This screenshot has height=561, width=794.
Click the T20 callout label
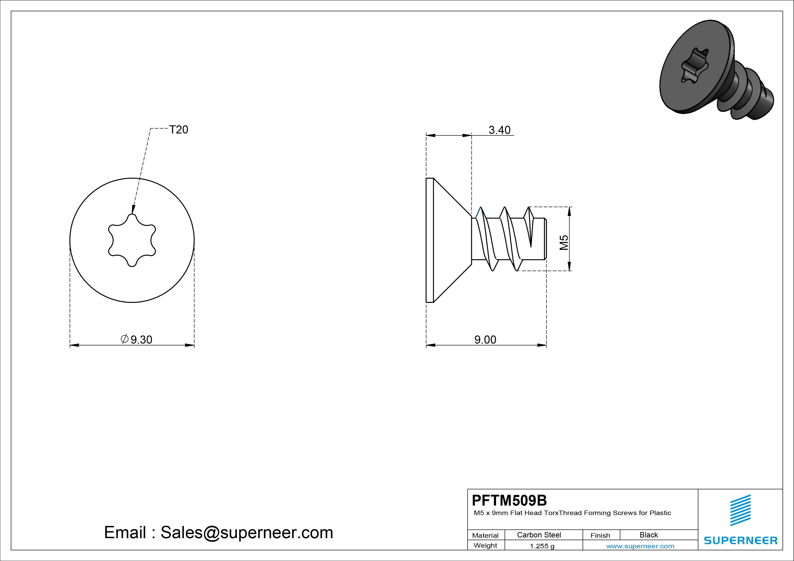178,130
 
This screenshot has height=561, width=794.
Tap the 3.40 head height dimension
499,130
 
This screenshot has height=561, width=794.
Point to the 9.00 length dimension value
485,340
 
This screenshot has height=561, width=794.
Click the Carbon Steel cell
539,535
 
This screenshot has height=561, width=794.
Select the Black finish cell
649,535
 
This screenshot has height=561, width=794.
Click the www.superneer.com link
640,546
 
